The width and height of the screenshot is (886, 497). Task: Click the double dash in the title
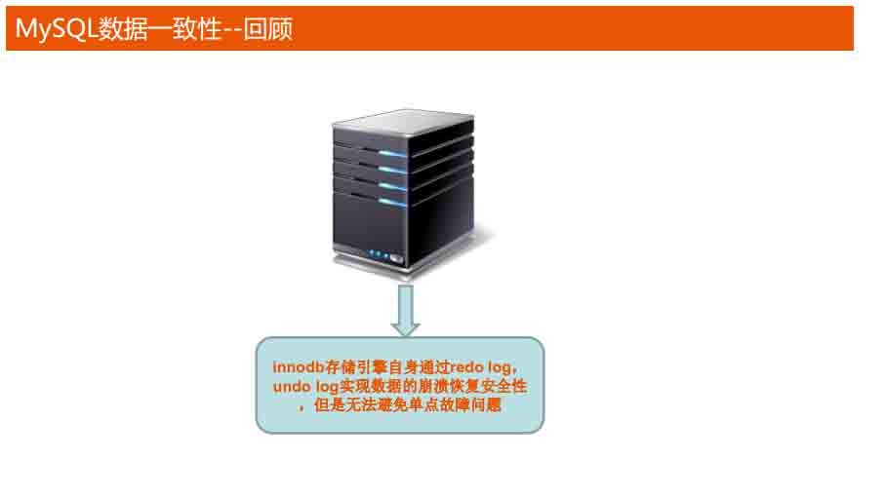pos(230,29)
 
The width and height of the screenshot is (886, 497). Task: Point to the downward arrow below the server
pos(405,309)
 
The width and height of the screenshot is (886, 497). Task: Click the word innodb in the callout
pos(296,367)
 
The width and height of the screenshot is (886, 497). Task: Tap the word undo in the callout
pos(291,387)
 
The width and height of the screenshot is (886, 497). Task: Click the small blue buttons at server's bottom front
pos(380,255)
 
